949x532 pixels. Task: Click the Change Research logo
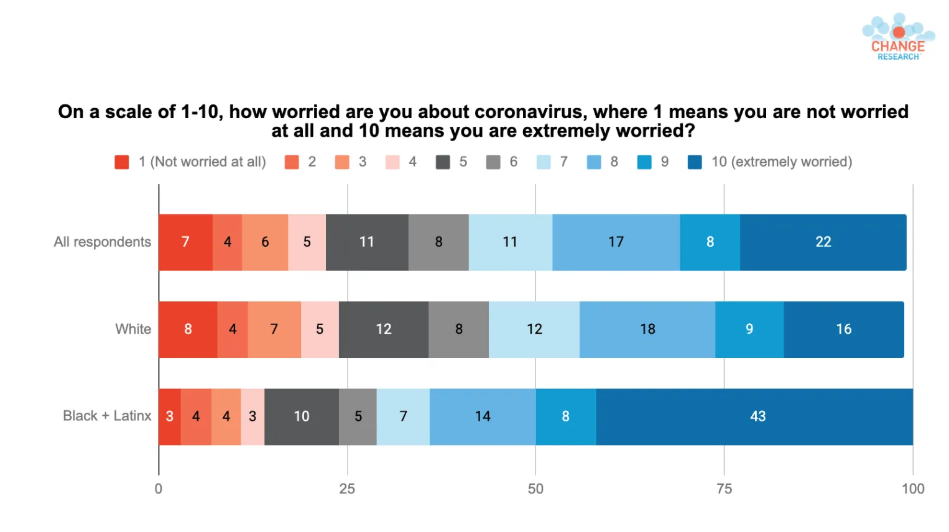pos(898,37)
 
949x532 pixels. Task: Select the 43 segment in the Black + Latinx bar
pos(754,417)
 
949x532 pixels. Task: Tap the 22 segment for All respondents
pos(823,242)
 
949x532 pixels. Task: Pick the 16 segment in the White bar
pos(844,329)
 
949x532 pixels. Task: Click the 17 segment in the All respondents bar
pos(616,242)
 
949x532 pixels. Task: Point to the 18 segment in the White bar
pos(647,329)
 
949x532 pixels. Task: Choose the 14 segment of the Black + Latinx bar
pos(483,417)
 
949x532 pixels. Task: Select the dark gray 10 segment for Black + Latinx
pos(302,417)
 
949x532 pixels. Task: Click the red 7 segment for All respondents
pos(185,242)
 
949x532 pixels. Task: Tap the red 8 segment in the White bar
pos(188,329)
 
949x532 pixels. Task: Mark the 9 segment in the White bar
pos(749,329)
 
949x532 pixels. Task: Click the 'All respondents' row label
pos(102,242)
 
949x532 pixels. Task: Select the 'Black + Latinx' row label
pos(107,416)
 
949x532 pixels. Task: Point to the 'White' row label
pos(133,329)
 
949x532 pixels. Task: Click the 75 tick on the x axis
pos(724,489)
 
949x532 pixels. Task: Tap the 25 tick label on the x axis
pos(347,489)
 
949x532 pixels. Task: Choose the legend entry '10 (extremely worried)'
pos(770,162)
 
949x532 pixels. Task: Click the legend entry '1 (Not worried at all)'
pos(190,162)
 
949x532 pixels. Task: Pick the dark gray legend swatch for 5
pos(443,162)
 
